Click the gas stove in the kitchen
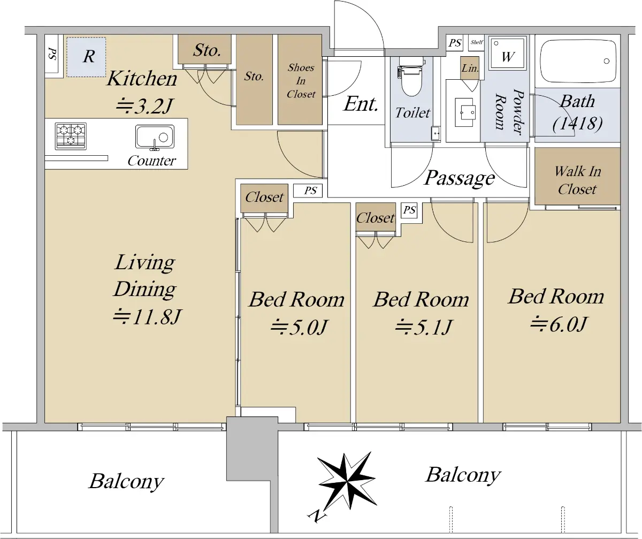pos(71,136)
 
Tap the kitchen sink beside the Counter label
pos(155,137)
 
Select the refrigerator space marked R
pos(86,57)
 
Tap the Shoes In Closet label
pos(301,81)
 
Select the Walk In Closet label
pos(577,180)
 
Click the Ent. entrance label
pos(361,104)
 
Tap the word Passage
pos(460,178)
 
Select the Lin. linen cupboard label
pos(470,68)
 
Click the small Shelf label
pos(477,42)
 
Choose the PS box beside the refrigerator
pos(52,54)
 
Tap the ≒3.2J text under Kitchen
pos(143,106)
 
